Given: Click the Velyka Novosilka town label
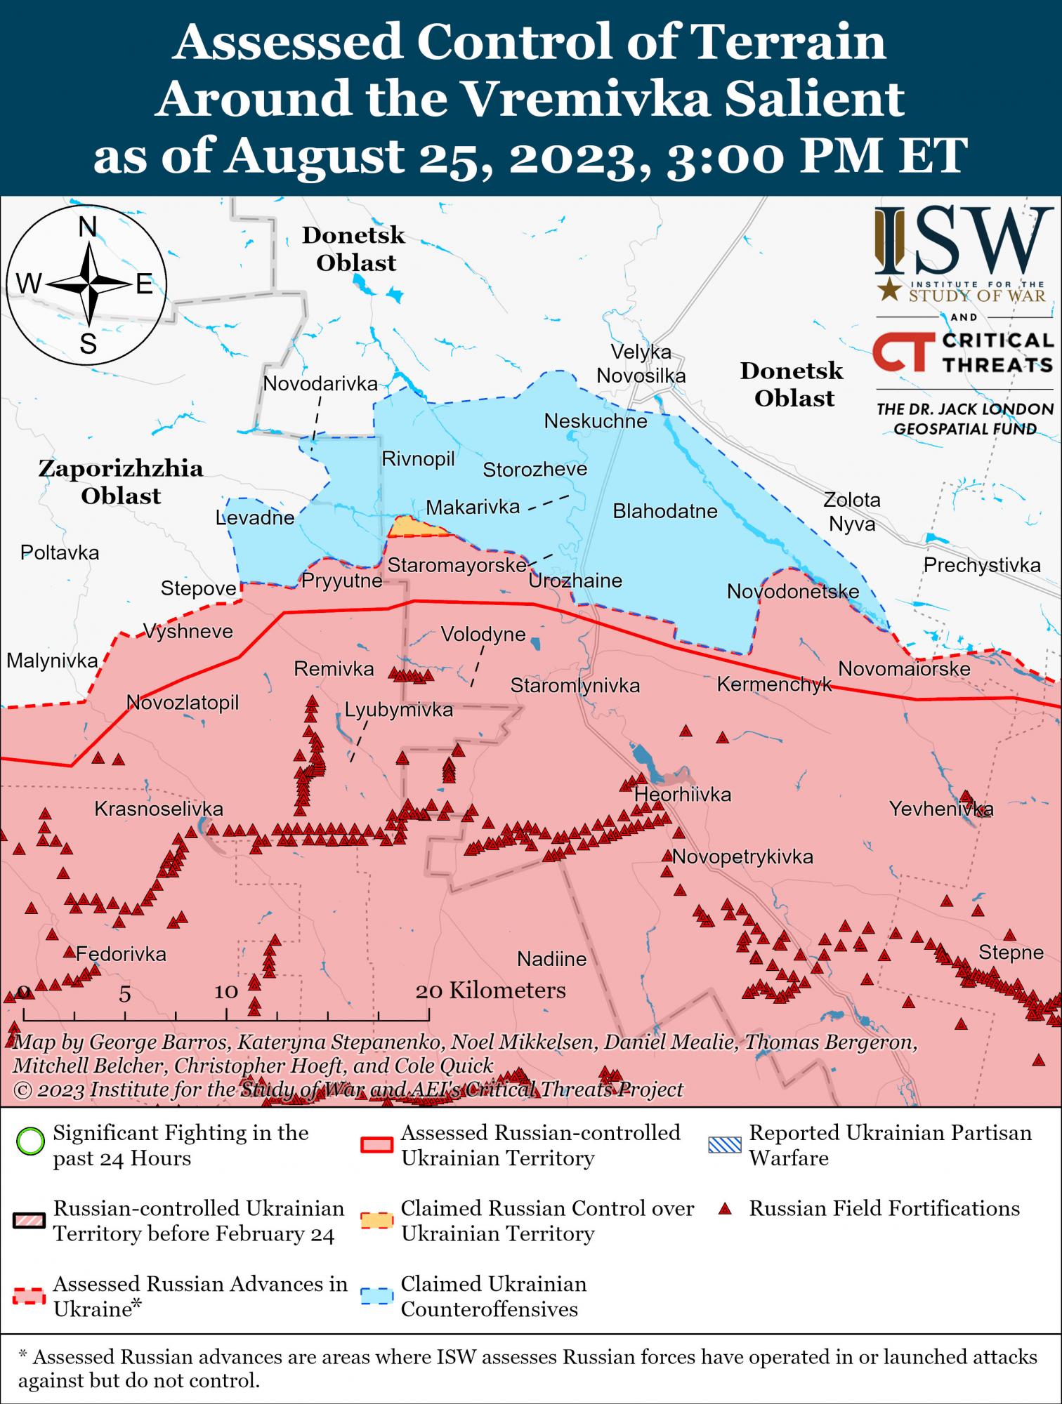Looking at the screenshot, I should pyautogui.click(x=641, y=364).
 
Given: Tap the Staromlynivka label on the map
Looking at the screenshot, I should pyautogui.click(x=575, y=685).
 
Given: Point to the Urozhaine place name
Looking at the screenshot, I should pyautogui.click(x=575, y=581).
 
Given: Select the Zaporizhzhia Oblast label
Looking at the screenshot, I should pyautogui.click(x=121, y=482).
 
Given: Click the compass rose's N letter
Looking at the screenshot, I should pyautogui.click(x=87, y=227).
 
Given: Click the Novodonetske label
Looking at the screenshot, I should pyautogui.click(x=793, y=591).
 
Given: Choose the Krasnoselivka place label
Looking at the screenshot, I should pyautogui.click(x=159, y=809).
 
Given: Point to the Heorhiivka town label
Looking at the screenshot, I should pyautogui.click(x=683, y=795).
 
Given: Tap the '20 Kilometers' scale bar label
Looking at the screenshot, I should pyautogui.click(x=490, y=991).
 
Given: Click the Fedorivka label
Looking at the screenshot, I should pyautogui.click(x=121, y=953).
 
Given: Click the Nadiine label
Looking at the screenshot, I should pyautogui.click(x=551, y=958).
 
